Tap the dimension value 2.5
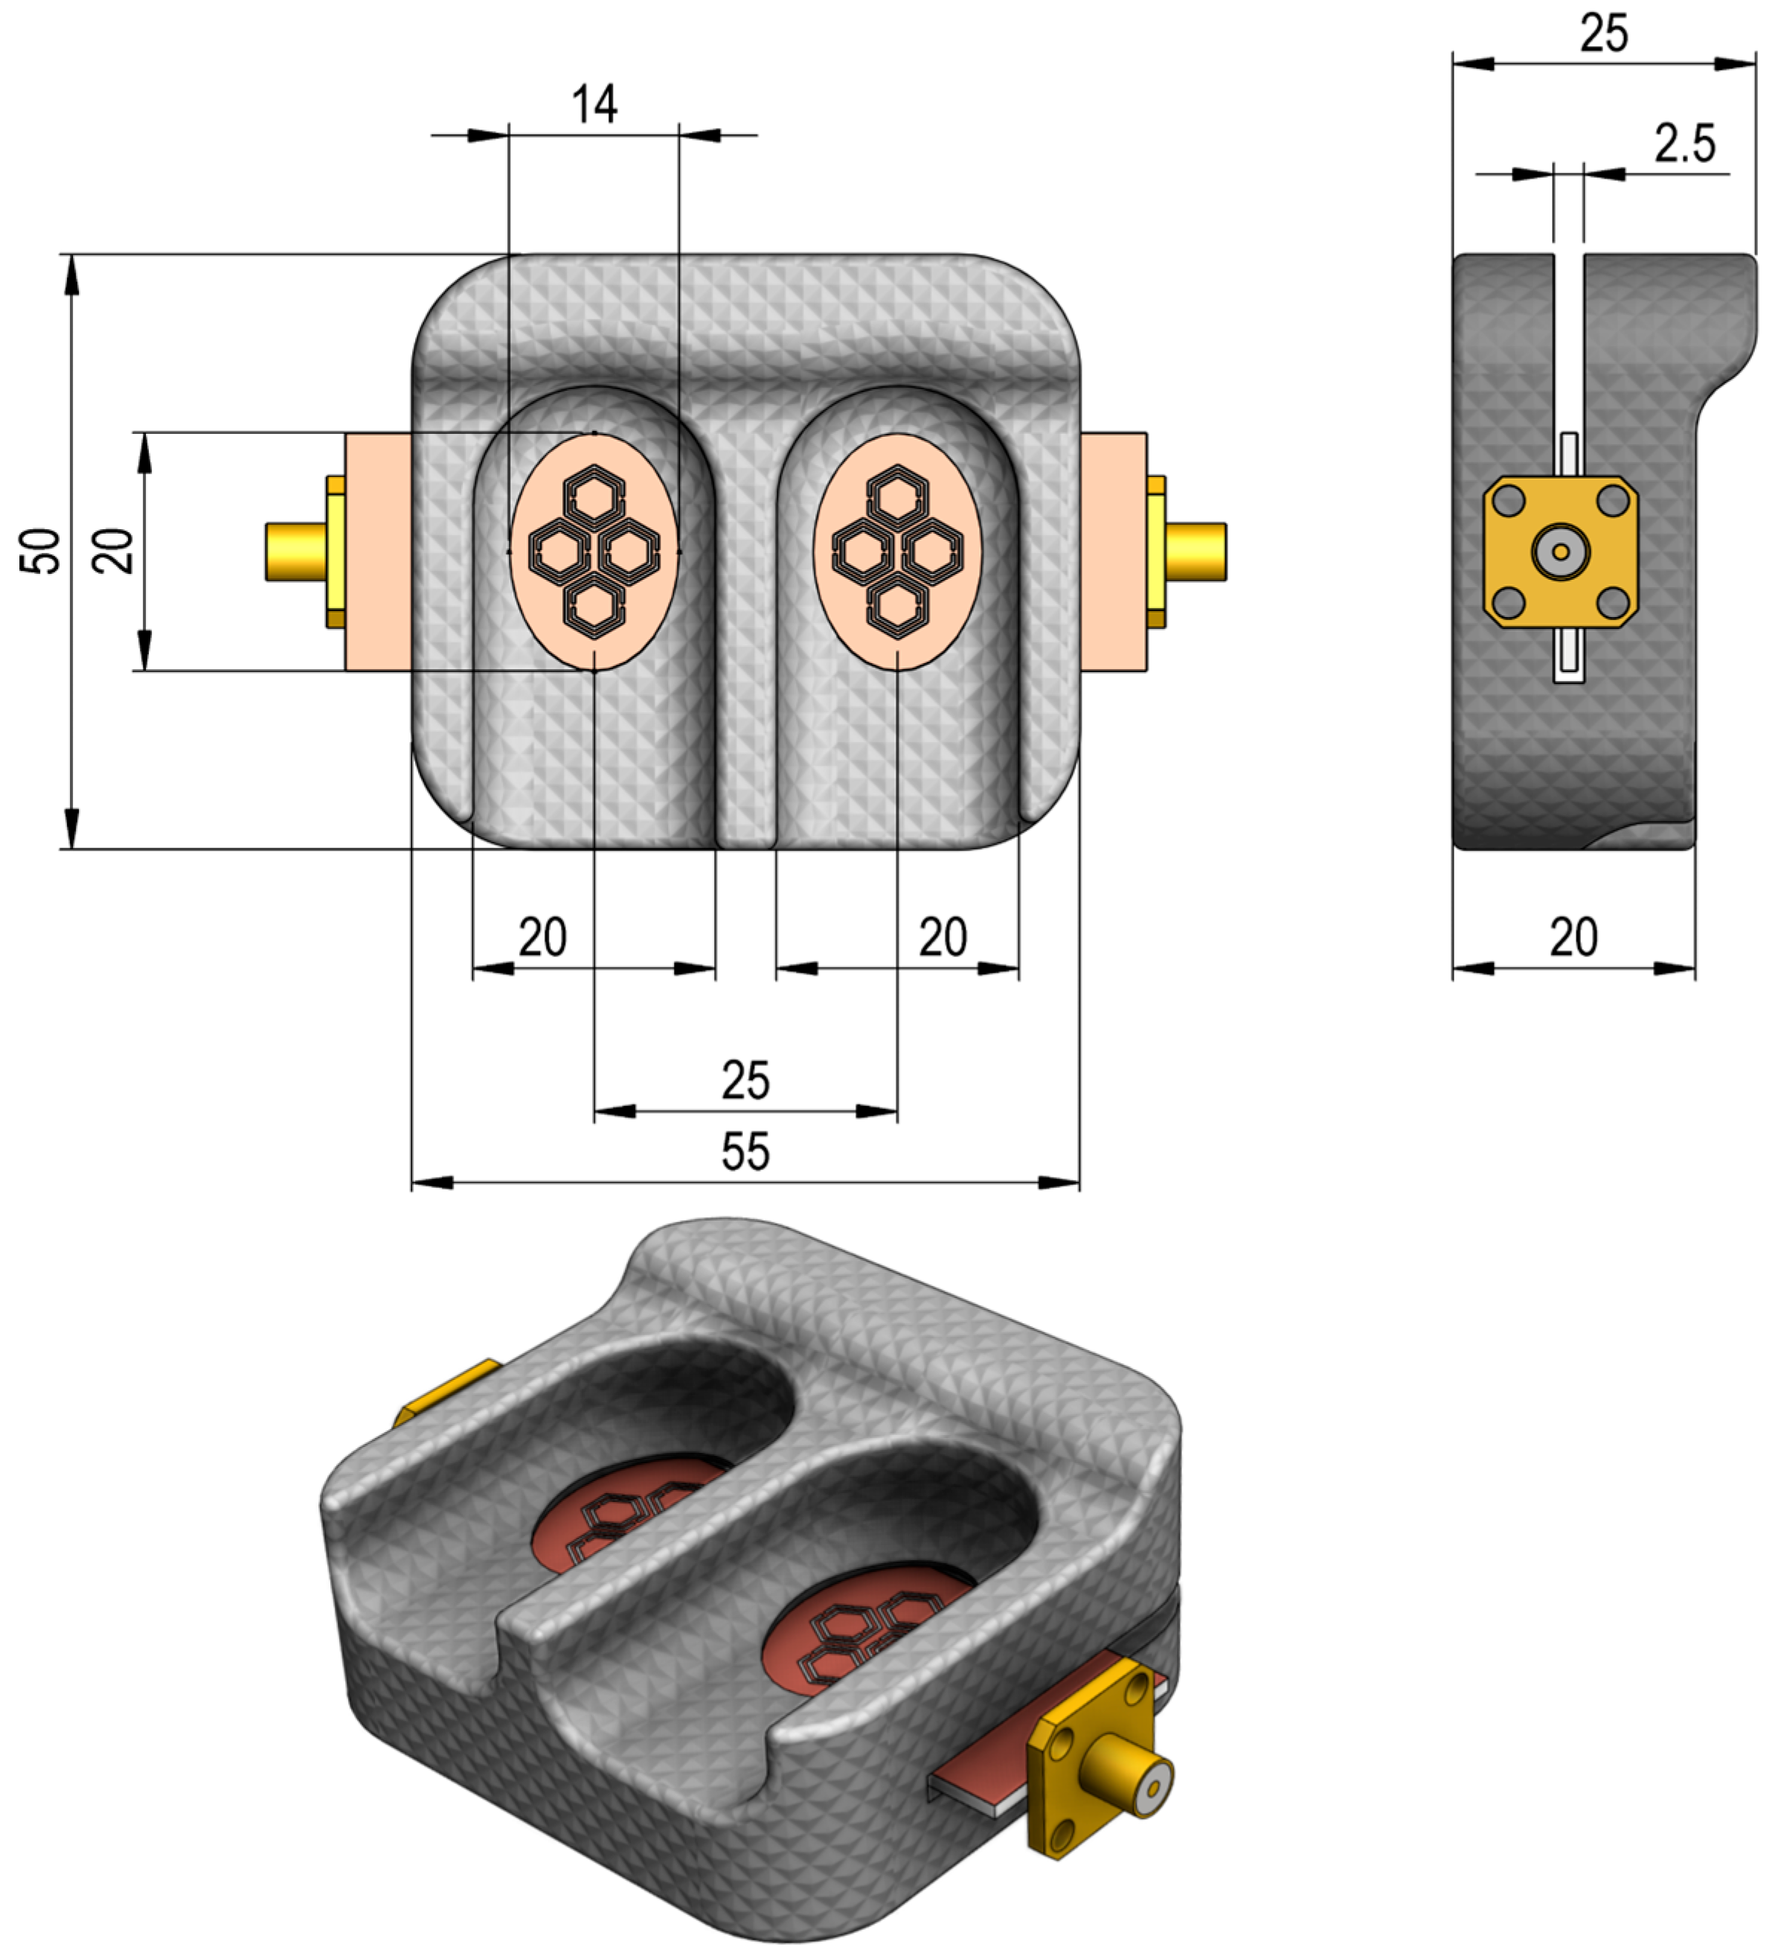click(1685, 144)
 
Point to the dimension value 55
click(745, 1151)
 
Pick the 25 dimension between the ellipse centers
click(745, 1080)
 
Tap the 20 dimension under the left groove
click(542, 937)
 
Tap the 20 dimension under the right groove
click(942, 937)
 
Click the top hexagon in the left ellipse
click(594, 495)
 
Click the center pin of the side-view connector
click(1560, 551)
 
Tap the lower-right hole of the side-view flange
click(1612, 603)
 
